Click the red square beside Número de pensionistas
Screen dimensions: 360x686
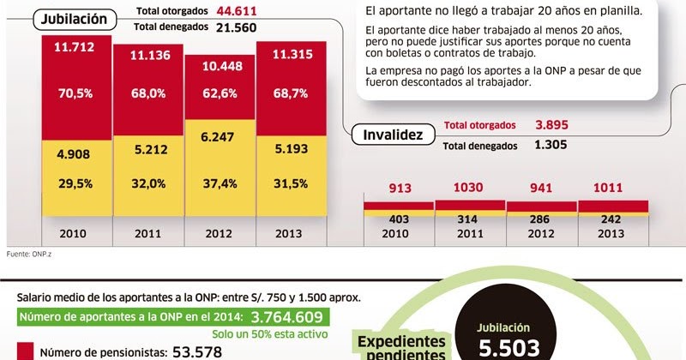[x=25, y=351]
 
